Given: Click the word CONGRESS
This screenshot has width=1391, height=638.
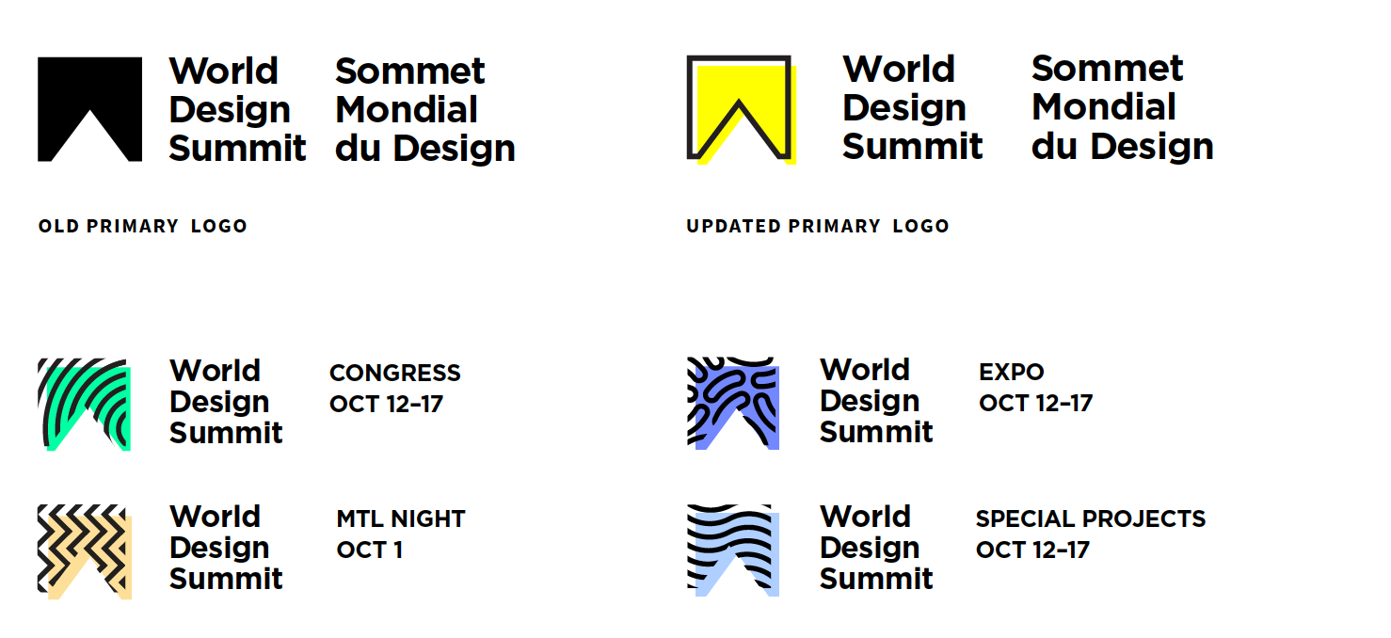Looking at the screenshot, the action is (x=395, y=373).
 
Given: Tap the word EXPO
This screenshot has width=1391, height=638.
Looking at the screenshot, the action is (x=1012, y=372).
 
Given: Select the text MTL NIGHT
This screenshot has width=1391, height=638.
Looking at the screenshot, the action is (x=401, y=518).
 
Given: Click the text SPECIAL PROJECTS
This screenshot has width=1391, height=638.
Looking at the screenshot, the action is (x=1091, y=518).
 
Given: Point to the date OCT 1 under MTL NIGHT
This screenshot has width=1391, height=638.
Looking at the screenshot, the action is (x=370, y=550).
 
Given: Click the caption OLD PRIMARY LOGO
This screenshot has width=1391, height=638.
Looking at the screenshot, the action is (x=143, y=226).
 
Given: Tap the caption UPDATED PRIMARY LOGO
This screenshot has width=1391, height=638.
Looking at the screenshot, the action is (x=818, y=226).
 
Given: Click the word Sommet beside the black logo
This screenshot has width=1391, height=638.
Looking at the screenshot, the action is (x=409, y=71).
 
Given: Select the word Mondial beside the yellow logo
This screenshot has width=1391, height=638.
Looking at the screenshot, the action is (x=1104, y=106).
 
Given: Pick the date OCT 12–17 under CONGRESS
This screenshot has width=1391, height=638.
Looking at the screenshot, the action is (x=386, y=404).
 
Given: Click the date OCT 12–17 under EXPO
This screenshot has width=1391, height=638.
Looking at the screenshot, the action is (x=1036, y=404).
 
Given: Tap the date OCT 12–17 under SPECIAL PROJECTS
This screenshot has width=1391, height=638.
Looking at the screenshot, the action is (x=1032, y=550).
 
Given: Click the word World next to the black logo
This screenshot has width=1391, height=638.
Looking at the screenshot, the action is (x=224, y=71).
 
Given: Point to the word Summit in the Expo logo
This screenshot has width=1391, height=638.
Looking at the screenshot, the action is (x=876, y=432).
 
